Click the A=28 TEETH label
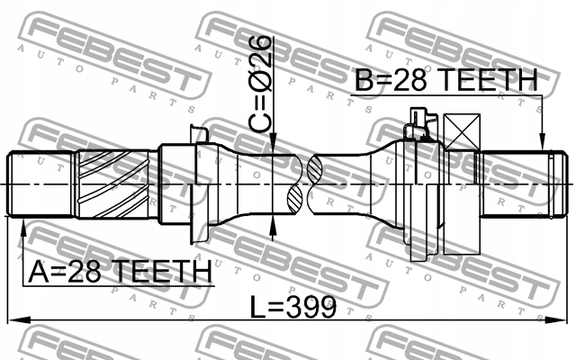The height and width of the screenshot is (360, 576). coord(120,272)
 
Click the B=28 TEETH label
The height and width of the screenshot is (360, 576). coord(446,80)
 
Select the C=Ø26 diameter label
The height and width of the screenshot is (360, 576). coord(260,84)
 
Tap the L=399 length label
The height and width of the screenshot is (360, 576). coord(293,307)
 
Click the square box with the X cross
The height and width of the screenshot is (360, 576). coord(462,132)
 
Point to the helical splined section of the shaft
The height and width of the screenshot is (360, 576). coord(114,184)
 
